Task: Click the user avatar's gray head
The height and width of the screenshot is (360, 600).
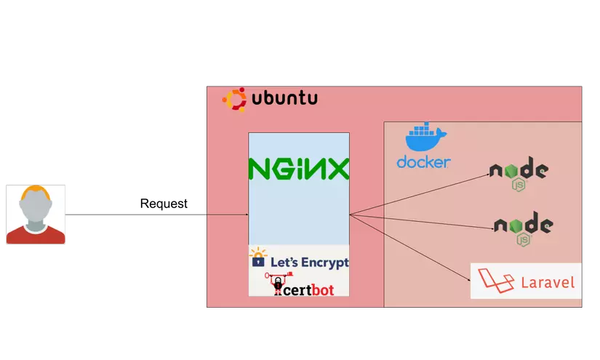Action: tap(36, 209)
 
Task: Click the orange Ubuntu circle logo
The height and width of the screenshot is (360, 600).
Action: tap(234, 100)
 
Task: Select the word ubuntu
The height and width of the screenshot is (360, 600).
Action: tap(284, 99)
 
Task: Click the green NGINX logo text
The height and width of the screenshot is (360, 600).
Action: tap(298, 169)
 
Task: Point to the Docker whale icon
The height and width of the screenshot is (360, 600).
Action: tap(425, 138)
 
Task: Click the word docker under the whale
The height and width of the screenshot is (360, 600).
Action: tap(423, 161)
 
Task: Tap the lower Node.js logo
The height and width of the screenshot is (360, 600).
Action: tap(522, 225)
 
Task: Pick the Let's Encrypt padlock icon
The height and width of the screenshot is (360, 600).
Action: tap(258, 260)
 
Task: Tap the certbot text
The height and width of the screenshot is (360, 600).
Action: tap(308, 289)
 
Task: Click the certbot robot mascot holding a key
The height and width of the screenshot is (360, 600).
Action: tap(278, 285)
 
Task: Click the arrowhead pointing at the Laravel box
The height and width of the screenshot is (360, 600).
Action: tap(468, 277)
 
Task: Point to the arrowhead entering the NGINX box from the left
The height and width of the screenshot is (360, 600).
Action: tap(246, 215)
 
